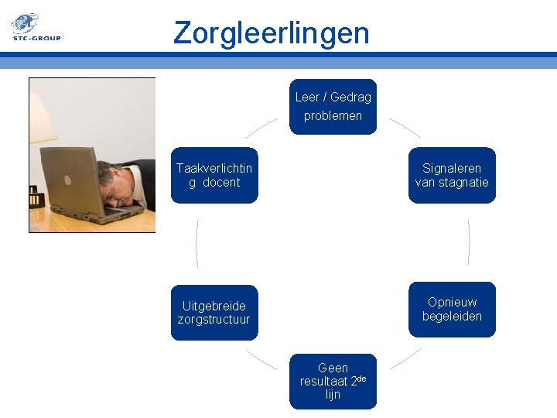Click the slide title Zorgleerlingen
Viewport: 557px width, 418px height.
point(272,33)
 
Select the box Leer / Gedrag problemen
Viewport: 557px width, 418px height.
point(333,107)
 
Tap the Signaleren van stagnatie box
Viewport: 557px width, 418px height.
point(452,175)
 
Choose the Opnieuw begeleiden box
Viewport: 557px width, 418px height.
point(452,309)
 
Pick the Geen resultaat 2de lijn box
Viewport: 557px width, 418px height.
point(333,381)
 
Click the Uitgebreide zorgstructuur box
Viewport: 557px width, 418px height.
point(214,312)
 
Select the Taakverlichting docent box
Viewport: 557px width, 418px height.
point(214,175)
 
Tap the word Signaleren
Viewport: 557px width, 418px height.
point(452,168)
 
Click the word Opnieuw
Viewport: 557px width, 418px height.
point(452,302)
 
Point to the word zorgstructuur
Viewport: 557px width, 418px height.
point(214,319)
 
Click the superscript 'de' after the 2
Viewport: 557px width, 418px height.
point(361,379)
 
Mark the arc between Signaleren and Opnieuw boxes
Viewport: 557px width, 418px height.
point(469,242)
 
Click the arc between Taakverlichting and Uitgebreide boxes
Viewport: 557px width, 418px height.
point(197,243)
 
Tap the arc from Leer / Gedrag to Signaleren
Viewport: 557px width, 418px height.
point(404,128)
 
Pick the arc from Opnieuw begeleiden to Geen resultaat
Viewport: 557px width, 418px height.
point(405,358)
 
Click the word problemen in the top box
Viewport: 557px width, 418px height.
point(333,115)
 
